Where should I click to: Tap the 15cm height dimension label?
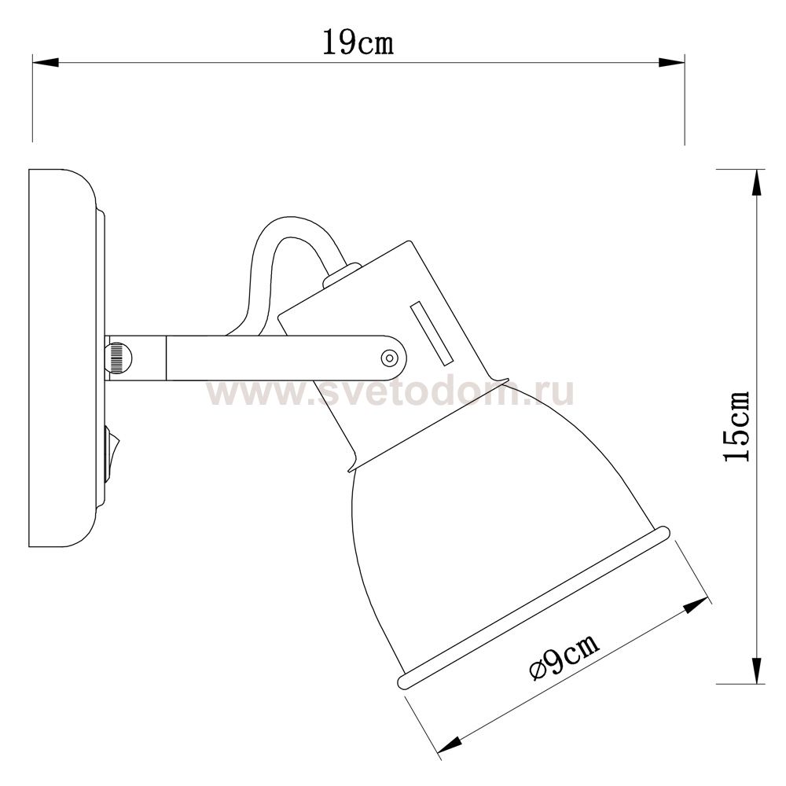(x=736, y=426)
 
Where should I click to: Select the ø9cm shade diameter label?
(x=564, y=656)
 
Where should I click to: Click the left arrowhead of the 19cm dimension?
(x=46, y=63)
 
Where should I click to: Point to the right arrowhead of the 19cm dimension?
(x=671, y=63)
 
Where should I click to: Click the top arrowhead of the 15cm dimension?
(x=756, y=183)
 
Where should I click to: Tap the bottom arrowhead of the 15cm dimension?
(x=756, y=670)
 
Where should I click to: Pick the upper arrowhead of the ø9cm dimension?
(x=696, y=605)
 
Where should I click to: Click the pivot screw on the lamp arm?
(x=389, y=358)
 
